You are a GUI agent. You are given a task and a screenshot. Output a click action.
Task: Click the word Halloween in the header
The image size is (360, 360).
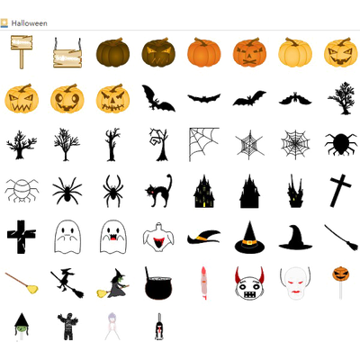[x=29, y=23]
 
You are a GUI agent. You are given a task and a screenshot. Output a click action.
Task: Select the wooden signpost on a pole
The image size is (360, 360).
[x=22, y=52]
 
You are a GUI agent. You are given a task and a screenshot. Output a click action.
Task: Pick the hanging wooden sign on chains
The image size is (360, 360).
[x=67, y=53]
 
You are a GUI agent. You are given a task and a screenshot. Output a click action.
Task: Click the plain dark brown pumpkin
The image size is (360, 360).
[x=113, y=52]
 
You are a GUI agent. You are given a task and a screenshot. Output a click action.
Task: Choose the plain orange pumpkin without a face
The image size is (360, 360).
[x=204, y=52]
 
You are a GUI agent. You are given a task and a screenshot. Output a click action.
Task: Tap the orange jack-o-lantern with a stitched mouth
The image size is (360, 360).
[x=249, y=52]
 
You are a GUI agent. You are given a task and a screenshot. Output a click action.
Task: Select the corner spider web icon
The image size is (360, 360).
[x=204, y=144]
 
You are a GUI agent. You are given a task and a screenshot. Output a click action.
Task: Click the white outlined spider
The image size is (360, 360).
[x=22, y=190]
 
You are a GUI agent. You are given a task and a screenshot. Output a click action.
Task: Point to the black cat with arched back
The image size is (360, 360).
[x=158, y=191]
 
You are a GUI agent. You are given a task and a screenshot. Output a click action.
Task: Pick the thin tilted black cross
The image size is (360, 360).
[x=341, y=191]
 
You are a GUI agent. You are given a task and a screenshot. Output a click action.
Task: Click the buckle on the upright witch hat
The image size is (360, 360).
[x=249, y=242]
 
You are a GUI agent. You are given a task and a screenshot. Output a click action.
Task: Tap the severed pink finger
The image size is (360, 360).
[x=204, y=283]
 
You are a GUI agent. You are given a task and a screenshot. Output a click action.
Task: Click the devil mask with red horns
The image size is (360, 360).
[x=249, y=283]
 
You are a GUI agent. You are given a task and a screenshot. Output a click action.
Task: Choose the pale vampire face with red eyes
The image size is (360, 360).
[x=295, y=283]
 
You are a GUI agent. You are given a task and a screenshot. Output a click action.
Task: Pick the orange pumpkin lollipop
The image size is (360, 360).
[x=341, y=282]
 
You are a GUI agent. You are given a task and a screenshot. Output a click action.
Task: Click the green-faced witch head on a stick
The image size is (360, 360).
[x=22, y=327]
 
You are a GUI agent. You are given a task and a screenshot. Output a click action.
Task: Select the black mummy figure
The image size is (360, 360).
[x=67, y=327]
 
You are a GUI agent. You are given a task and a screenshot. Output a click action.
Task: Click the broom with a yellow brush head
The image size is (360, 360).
[x=22, y=283]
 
